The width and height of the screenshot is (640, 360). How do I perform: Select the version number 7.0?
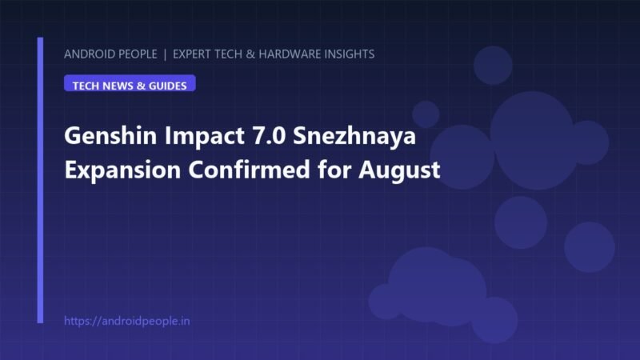[x=269, y=135]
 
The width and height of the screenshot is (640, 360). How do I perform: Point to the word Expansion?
[x=122, y=170]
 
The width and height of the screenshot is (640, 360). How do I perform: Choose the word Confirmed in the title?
[x=249, y=170]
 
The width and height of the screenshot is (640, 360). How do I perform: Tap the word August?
[x=399, y=170]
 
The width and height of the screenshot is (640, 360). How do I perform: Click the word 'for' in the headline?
[x=334, y=170]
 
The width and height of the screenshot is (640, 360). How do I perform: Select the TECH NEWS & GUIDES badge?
[x=130, y=83]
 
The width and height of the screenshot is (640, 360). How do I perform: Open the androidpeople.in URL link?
[x=127, y=321]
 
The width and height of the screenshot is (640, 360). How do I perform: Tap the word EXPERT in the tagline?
[x=192, y=54]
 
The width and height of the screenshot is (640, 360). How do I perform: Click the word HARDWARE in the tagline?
[x=290, y=54]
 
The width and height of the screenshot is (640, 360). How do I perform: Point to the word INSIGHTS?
[x=350, y=54]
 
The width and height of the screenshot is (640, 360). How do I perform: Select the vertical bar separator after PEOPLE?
[x=165, y=54]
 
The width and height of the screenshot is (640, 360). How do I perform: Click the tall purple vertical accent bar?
[x=40, y=181]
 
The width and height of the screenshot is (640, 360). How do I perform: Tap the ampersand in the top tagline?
[x=250, y=54]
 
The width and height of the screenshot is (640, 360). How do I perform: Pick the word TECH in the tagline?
[x=228, y=54]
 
